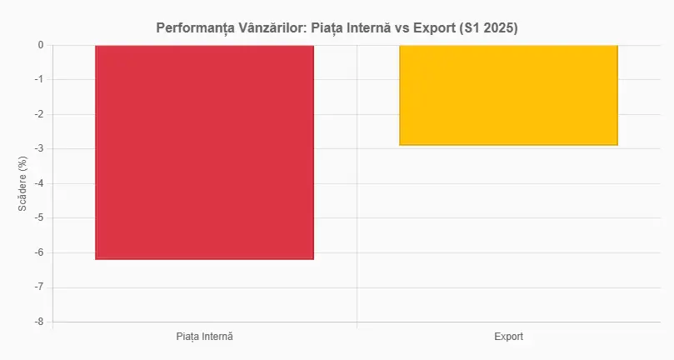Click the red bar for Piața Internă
(x=204, y=152)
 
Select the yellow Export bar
(x=508, y=95)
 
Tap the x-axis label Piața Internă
(x=204, y=337)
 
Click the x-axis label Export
(x=508, y=337)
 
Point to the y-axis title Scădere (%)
(x=23, y=184)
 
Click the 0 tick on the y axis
(x=40, y=45)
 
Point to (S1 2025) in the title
(x=490, y=28)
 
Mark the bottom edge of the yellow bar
(x=508, y=145)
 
